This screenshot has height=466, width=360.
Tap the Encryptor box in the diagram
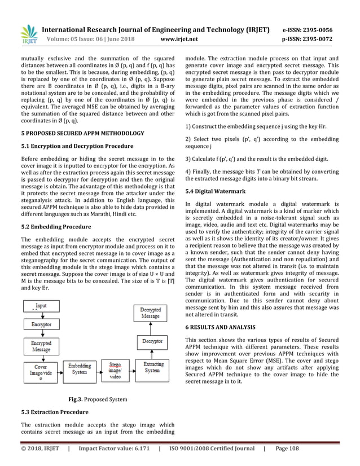click(x=41, y=325)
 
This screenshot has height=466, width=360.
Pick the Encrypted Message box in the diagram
click(x=41, y=346)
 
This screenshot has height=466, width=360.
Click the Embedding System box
click(x=80, y=370)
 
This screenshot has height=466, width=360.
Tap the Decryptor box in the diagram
click(x=151, y=341)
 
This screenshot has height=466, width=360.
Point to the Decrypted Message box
click(x=151, y=314)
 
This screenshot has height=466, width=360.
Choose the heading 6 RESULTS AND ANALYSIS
click(x=223, y=327)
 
